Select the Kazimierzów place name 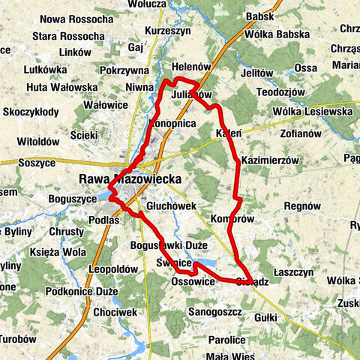pos(270,160)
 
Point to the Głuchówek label pos(171,205)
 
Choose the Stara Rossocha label pos(72,36)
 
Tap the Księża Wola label pos(53,251)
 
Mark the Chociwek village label pos(116,311)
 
